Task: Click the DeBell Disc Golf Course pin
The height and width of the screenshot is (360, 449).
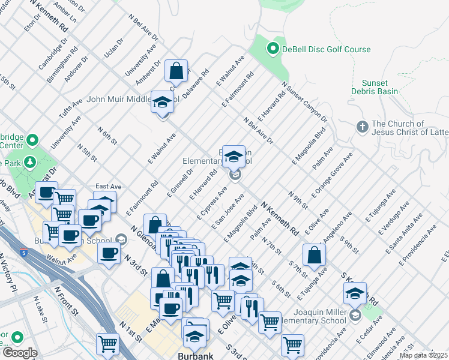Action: click(273, 49)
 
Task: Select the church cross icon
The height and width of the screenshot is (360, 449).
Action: click(361, 127)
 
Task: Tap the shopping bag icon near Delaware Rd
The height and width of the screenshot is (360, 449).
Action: click(177, 72)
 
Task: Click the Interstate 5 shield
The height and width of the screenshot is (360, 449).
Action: click(23, 252)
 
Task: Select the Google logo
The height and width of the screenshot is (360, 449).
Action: click(19, 353)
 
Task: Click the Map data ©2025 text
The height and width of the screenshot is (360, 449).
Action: click(423, 355)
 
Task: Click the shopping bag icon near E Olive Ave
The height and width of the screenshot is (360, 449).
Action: click(314, 254)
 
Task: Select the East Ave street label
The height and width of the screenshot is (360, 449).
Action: click(108, 187)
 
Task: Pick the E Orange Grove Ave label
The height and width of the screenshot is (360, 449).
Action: click(332, 175)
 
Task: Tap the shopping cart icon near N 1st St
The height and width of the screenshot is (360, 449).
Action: click(108, 344)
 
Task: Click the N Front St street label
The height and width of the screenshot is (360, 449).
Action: click(67, 300)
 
